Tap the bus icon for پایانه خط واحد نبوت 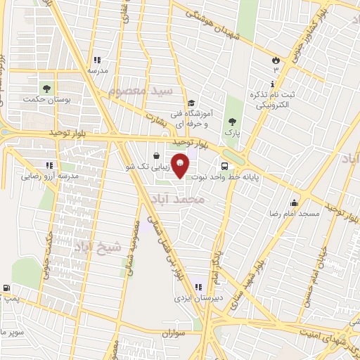pyautogui.click(x=224, y=167)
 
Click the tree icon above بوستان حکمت pyautogui.click(x=46, y=89)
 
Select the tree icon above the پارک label pyautogui.click(x=232, y=121)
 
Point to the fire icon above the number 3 pyautogui.click(x=276, y=60)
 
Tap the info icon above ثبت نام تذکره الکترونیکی pyautogui.click(x=272, y=84)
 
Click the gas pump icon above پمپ pyautogui.click(x=6, y=288)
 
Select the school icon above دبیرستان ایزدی pyautogui.click(x=198, y=286)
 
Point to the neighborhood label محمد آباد pyautogui.click(x=179, y=200)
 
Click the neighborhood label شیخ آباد pyautogui.click(x=96, y=246)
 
